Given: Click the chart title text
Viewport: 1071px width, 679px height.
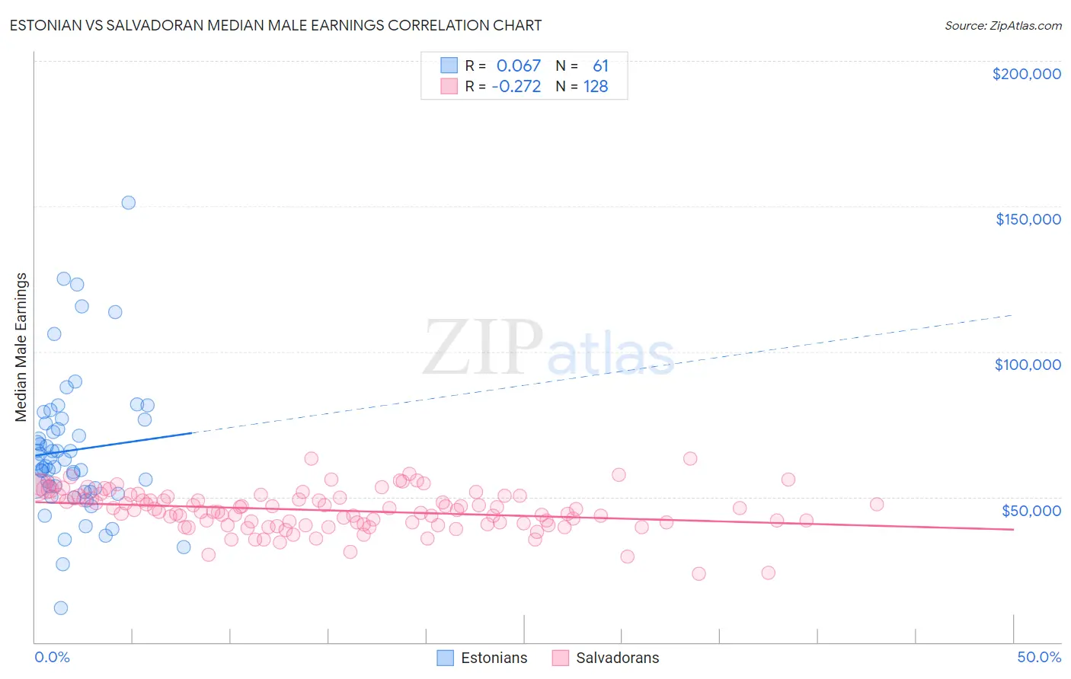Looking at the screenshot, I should coord(276,25).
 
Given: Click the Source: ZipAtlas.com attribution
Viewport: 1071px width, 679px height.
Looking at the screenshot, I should coord(1002,25).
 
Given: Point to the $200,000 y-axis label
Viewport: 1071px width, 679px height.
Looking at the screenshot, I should coord(1026,74).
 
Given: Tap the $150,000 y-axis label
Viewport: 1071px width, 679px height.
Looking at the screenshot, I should coord(1028,219).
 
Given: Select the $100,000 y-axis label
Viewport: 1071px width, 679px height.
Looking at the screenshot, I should coord(1028,365).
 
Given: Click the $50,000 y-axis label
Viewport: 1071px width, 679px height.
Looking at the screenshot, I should coord(1031,510).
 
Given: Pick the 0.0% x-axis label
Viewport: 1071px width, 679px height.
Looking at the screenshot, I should coord(52,657).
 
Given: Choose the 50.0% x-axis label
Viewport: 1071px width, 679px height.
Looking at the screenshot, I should coord(1039,657).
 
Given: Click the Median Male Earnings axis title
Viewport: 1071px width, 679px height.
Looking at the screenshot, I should coord(21,346).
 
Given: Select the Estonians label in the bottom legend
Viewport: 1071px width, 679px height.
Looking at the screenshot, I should coord(494,658).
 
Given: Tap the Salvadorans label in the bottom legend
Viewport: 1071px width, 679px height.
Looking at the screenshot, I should coord(617,658).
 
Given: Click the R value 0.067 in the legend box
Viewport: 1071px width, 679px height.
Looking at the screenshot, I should coord(518,66).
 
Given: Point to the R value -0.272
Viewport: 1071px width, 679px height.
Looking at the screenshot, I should coord(516,87).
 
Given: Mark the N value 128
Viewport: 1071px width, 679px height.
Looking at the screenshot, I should coord(596,87).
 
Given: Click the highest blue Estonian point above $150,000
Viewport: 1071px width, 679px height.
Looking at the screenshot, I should coord(129,202).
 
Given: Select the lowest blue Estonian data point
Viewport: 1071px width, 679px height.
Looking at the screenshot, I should coord(61,607).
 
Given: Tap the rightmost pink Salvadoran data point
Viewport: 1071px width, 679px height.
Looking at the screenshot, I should coord(877,504).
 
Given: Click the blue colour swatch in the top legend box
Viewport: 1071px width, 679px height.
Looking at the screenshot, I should coord(449,65).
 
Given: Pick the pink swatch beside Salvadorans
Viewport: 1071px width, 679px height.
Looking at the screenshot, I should coord(561,658).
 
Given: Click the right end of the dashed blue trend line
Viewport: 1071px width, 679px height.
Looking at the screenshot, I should coord(1012,314).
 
